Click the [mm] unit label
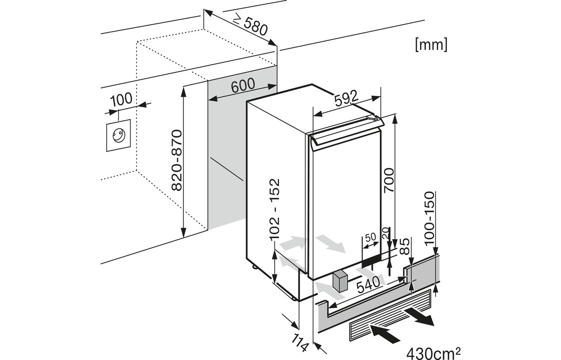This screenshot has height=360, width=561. click(431, 45)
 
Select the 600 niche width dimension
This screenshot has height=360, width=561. click(243, 86)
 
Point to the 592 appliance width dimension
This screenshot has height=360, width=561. click(346, 98)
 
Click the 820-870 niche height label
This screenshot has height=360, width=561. click(177, 160)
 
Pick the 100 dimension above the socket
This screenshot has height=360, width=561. click(121, 99)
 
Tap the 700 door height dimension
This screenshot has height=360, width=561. click(391, 180)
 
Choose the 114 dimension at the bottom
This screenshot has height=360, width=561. click(301, 341)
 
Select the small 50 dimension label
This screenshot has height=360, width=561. click(370, 238)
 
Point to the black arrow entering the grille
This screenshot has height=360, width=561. click(385, 332)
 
